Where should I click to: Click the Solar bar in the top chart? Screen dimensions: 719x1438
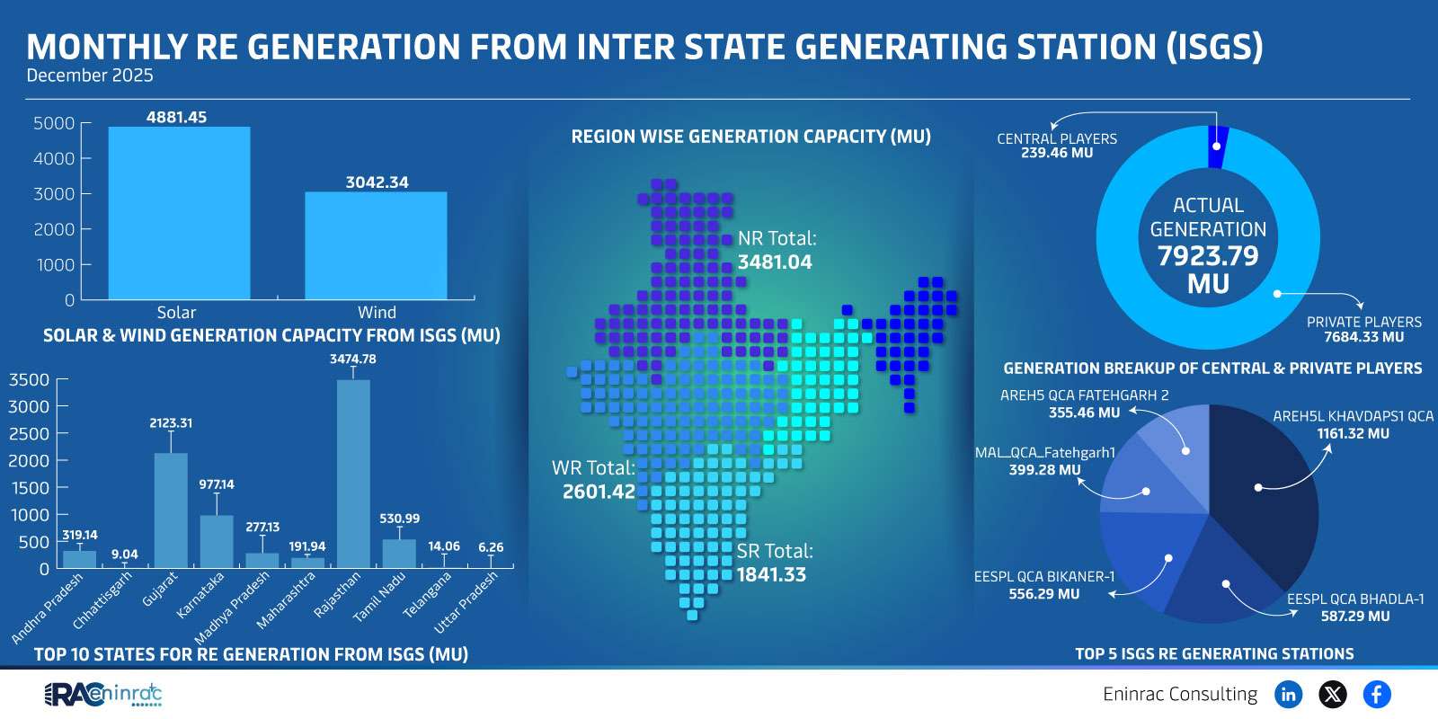(179, 213)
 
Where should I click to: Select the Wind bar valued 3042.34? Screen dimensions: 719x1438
(376, 245)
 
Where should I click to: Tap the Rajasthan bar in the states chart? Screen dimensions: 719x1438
(353, 474)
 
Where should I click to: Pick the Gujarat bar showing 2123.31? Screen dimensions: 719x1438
(171, 510)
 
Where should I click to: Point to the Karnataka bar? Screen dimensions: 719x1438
(217, 541)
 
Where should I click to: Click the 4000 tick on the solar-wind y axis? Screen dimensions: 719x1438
(54, 159)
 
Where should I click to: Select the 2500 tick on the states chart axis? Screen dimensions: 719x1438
(29, 434)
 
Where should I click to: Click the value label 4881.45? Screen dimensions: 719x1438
(177, 118)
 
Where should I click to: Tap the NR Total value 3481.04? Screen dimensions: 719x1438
(775, 262)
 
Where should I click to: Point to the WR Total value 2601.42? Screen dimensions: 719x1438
(599, 492)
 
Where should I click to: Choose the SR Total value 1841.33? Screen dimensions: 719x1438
(771, 575)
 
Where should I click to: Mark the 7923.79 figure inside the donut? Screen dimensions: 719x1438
(1208, 256)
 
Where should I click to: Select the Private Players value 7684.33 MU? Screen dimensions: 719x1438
(1363, 337)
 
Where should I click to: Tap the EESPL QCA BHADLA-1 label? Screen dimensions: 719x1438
(1355, 599)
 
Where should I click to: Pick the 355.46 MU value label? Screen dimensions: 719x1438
(1084, 413)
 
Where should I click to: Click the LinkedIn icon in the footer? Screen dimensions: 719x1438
(1288, 694)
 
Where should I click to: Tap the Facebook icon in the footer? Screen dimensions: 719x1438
(1376, 694)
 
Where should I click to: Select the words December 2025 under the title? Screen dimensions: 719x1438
(90, 75)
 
